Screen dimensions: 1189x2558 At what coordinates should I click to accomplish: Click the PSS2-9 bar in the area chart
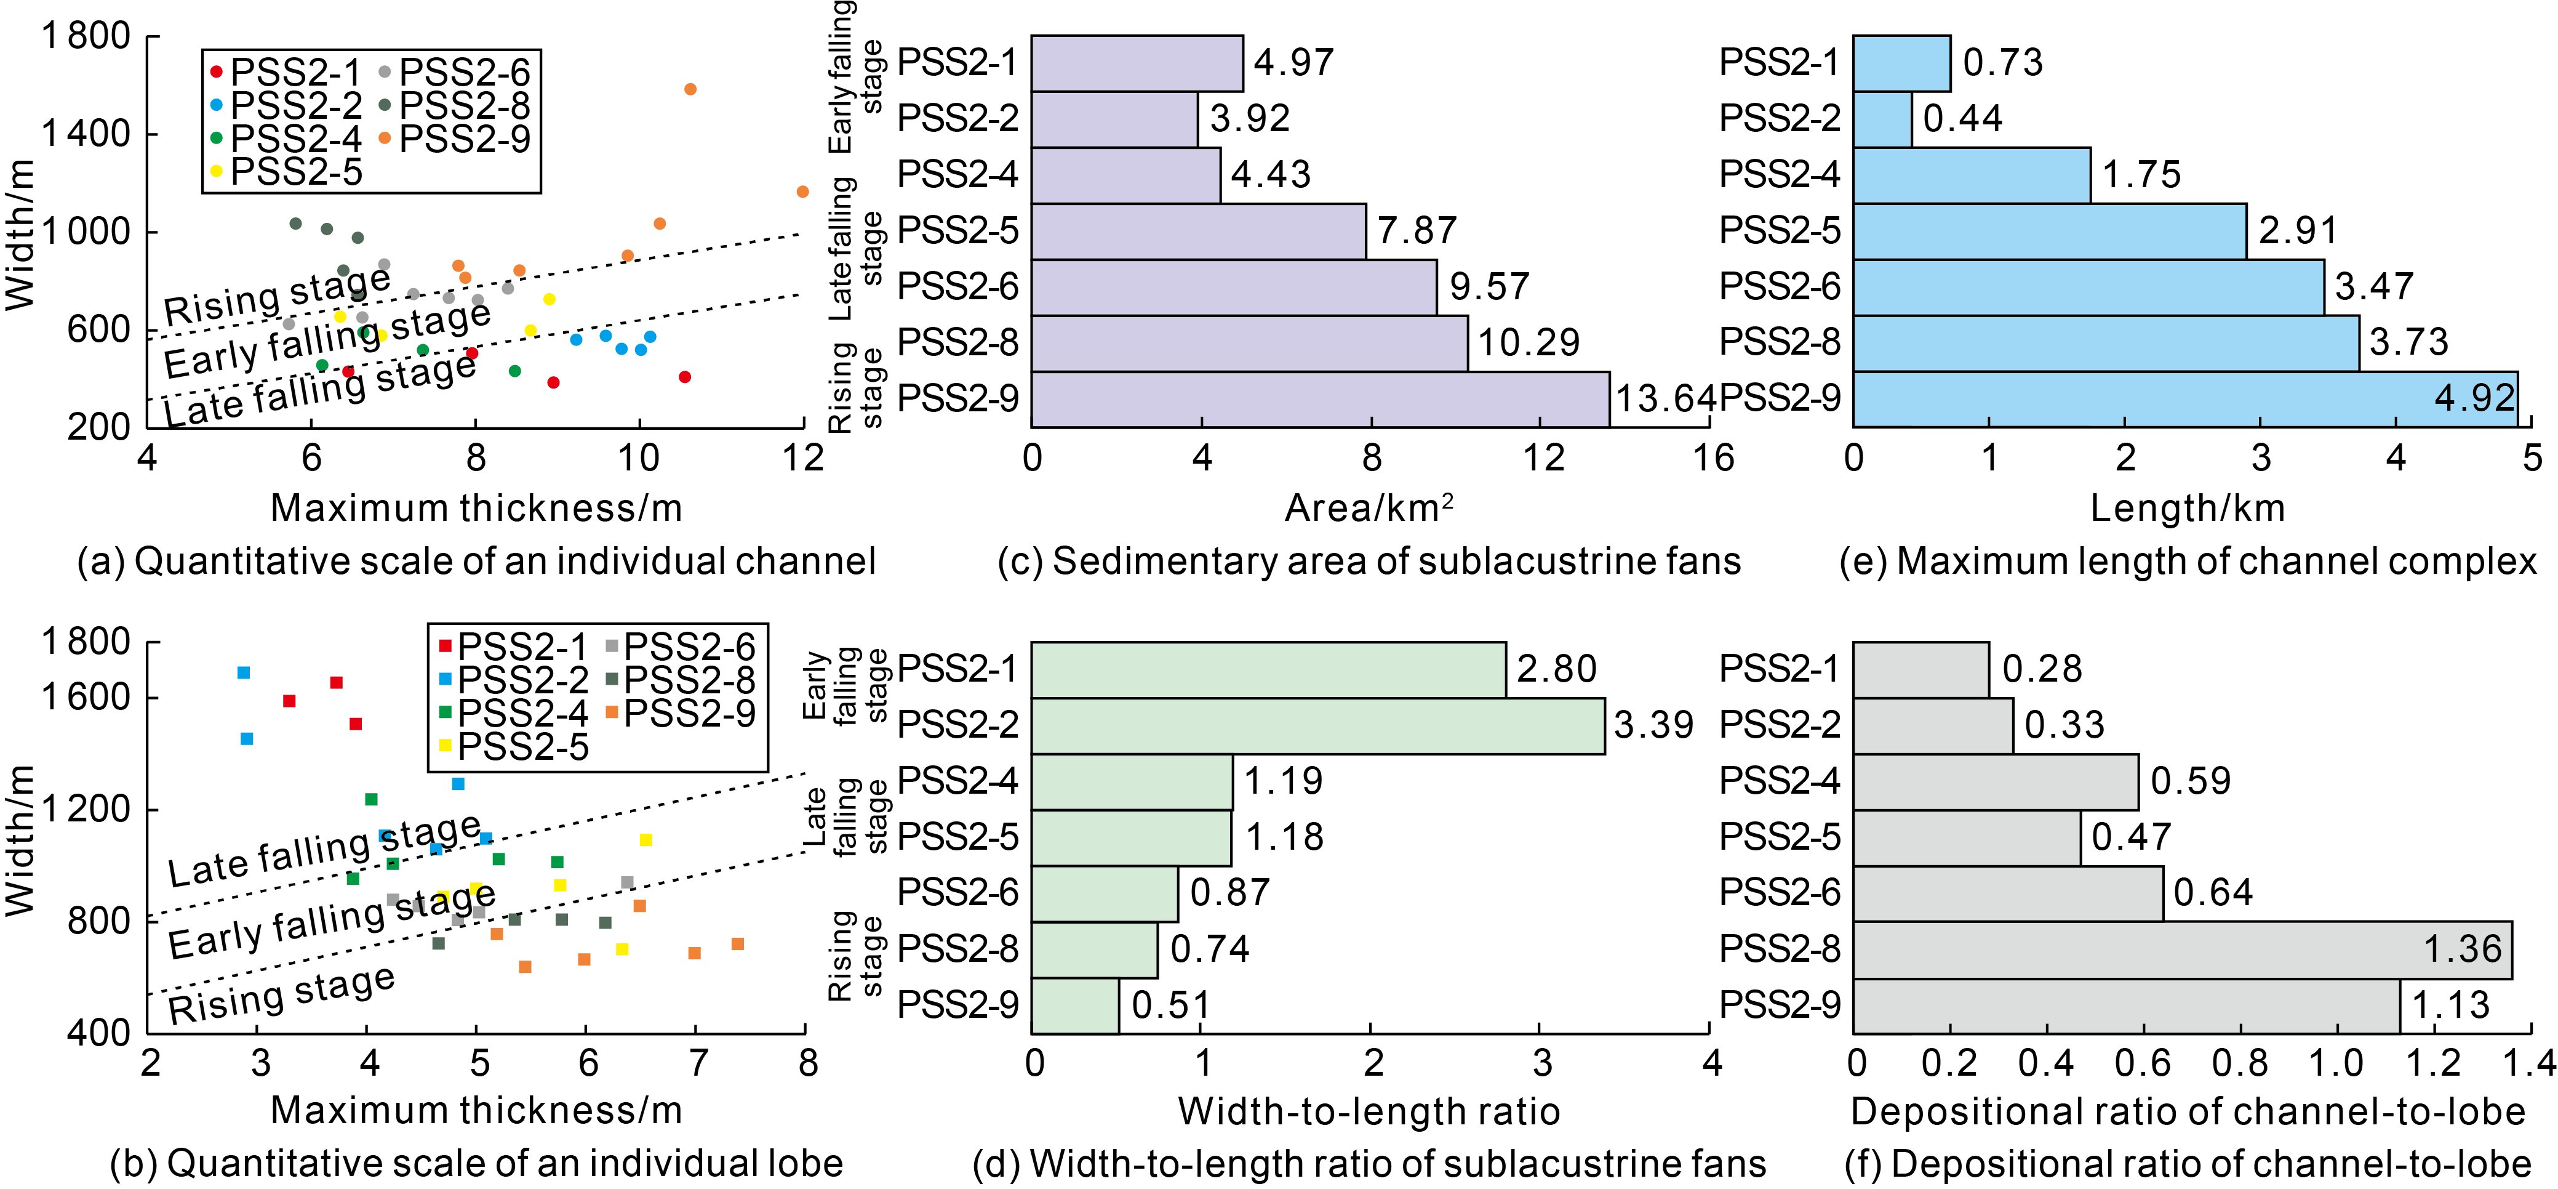1320,400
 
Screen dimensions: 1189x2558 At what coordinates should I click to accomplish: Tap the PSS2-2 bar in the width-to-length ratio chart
1317,726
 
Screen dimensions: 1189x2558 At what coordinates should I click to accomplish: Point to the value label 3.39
1653,725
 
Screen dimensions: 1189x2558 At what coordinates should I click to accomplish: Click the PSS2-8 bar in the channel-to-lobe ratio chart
2181,949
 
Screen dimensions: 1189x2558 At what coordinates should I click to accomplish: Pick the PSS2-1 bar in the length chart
1901,63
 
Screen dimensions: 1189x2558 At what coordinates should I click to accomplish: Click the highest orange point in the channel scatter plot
690,89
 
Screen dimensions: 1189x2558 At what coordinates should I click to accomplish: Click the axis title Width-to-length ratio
1369,1111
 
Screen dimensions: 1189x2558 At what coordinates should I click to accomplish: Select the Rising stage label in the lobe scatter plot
281,995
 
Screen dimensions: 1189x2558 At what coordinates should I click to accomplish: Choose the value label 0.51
1171,1006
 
